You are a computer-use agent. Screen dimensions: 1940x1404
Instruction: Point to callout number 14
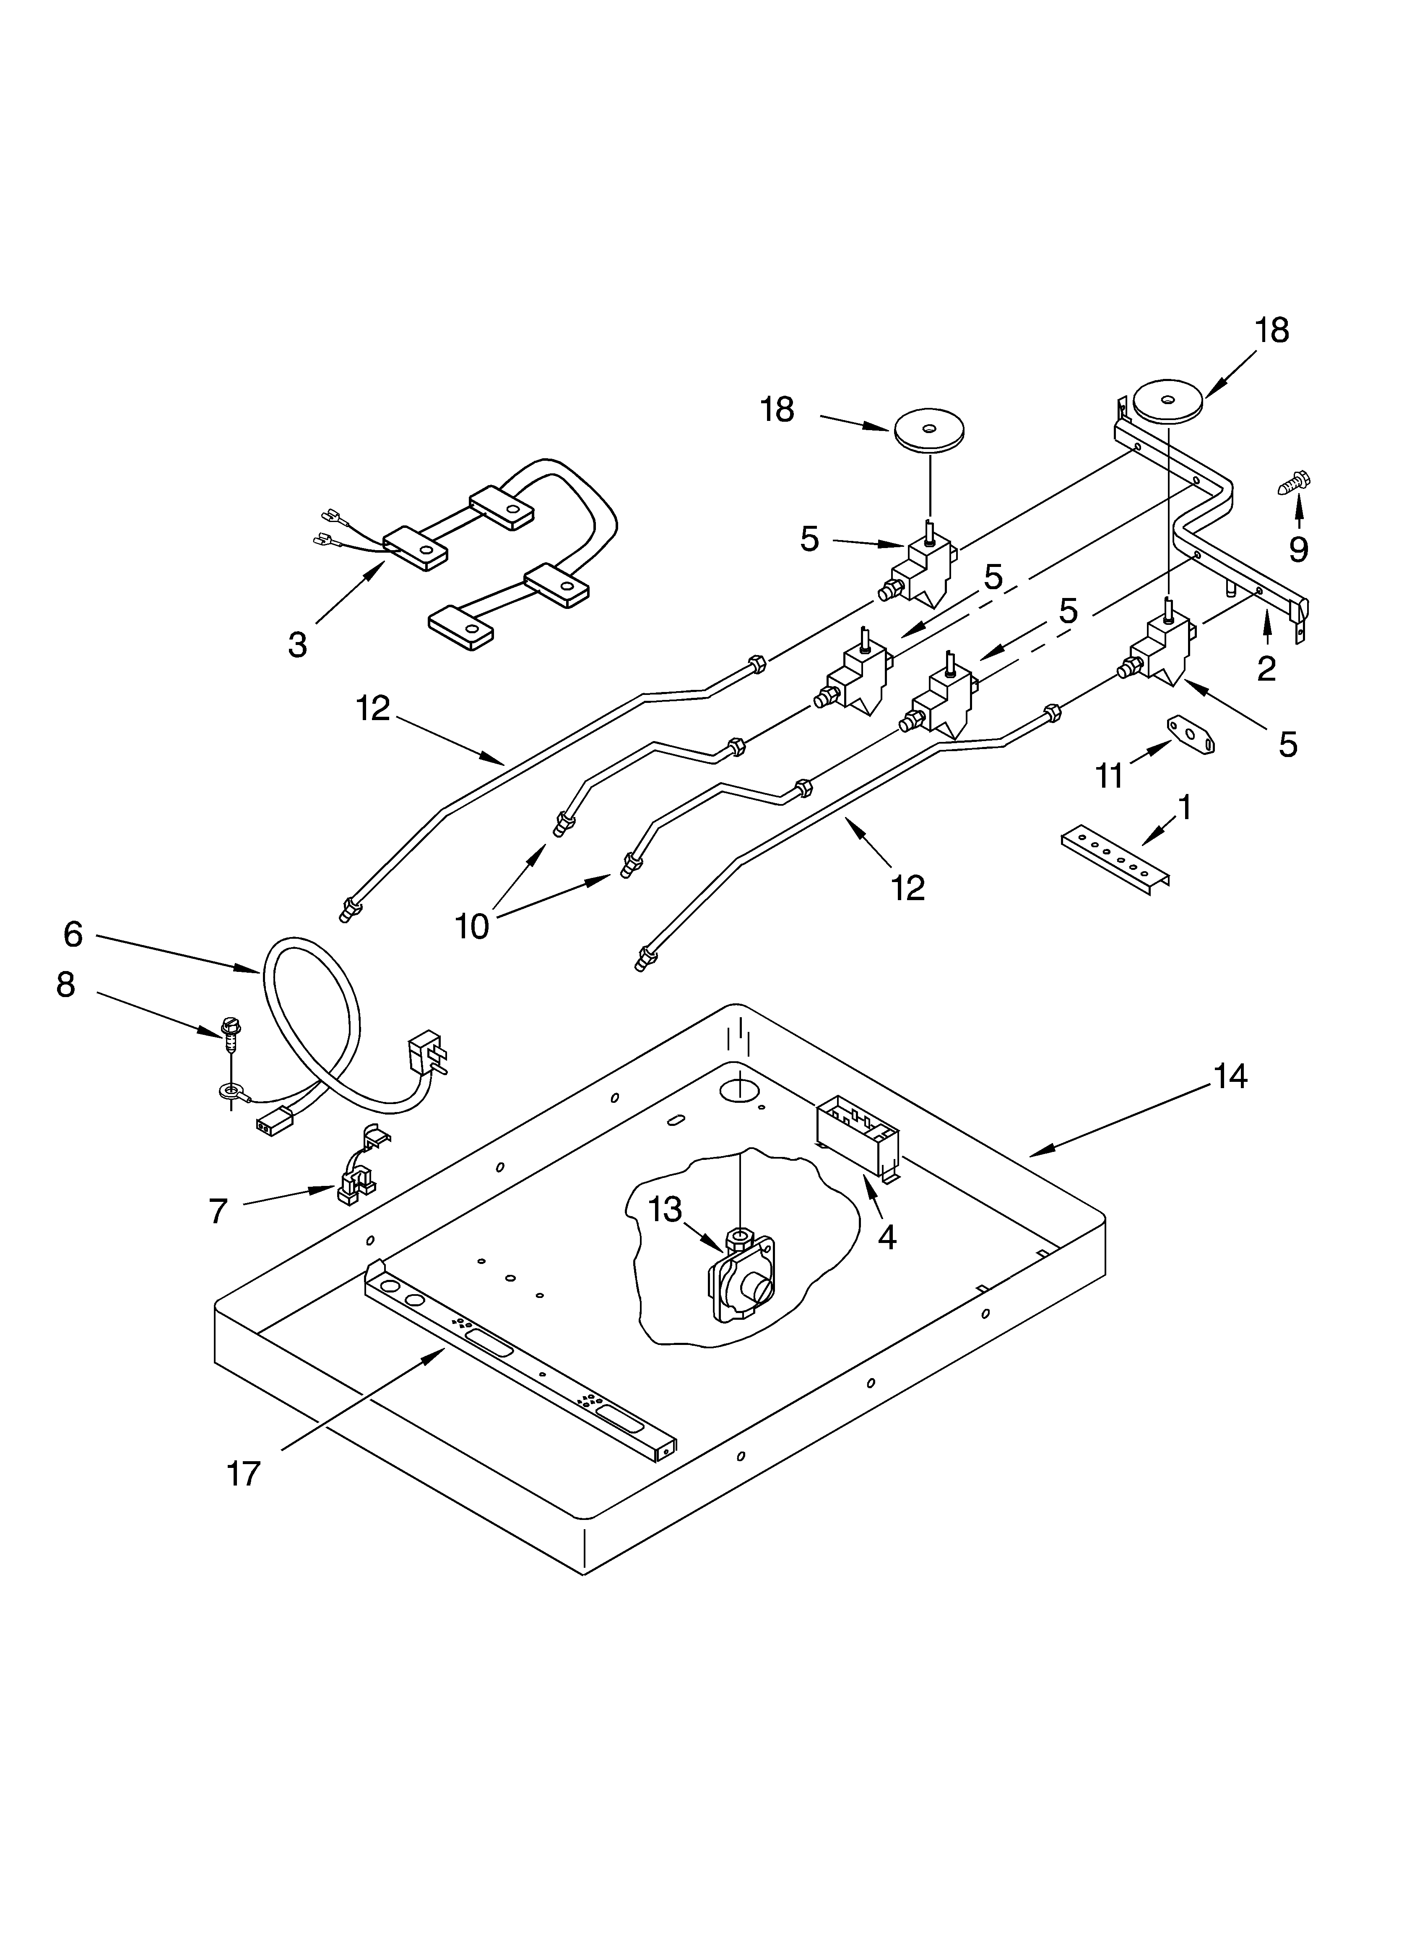(1230, 1077)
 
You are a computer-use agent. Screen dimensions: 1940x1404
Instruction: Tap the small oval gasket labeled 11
(1191, 736)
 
